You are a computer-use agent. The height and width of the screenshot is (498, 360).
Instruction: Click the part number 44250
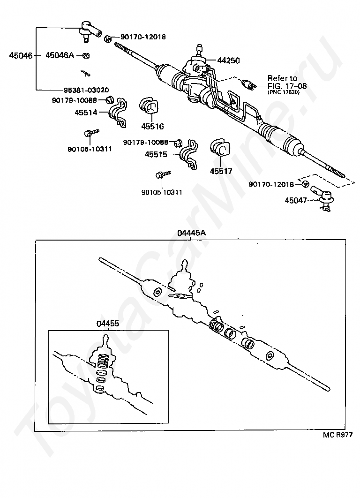pos(229,60)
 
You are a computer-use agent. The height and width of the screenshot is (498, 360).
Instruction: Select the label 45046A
pos(60,55)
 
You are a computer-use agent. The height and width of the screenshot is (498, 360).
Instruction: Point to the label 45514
pos(86,113)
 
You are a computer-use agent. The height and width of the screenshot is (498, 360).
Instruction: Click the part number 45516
pos(152,126)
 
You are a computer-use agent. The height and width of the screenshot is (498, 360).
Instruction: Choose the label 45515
pos(156,153)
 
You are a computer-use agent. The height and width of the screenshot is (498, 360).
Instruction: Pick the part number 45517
pos(221,172)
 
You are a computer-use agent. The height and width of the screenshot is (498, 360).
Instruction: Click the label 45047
pos(296,200)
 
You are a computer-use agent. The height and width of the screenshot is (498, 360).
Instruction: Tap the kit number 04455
pos(108,323)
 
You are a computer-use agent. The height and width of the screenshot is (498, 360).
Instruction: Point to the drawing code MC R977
pos(337,435)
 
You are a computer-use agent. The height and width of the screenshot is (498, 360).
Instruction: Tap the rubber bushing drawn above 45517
pos(220,149)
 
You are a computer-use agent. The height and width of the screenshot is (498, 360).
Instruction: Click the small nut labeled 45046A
pos(86,56)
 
